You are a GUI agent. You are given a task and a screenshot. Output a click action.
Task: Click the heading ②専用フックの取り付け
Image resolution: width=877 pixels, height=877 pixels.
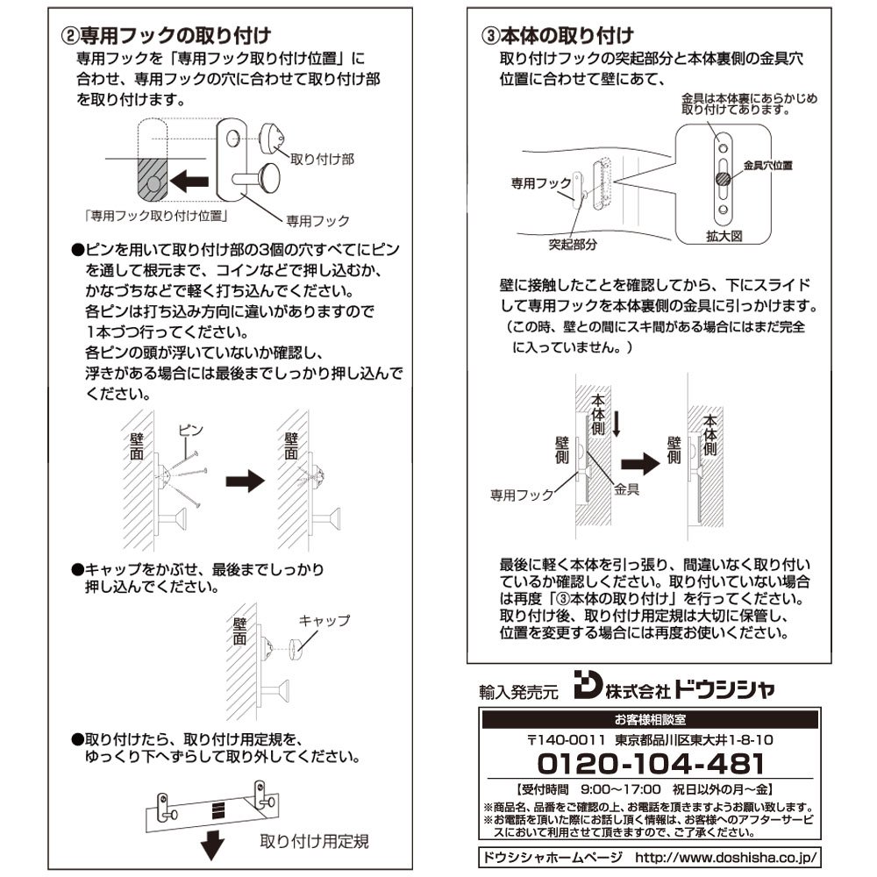coord(166,36)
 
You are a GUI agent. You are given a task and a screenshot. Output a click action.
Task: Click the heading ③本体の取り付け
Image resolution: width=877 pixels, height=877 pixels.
coord(558,36)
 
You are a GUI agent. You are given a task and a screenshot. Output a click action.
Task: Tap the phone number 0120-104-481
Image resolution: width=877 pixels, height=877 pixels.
coord(651,764)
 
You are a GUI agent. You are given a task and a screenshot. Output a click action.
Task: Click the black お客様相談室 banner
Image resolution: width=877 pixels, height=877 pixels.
coord(650,720)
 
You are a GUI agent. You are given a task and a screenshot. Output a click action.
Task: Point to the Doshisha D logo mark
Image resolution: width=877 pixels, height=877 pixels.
coord(588,685)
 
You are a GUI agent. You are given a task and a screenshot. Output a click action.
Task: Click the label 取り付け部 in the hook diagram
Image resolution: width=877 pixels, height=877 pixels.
coord(322,160)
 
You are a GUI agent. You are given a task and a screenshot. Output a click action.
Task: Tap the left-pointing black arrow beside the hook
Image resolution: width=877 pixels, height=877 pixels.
coord(189,182)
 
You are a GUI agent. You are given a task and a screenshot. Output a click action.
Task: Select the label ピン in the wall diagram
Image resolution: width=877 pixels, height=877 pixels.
coord(190,430)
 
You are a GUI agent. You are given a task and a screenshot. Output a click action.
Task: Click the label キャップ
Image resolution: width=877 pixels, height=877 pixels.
coord(324,620)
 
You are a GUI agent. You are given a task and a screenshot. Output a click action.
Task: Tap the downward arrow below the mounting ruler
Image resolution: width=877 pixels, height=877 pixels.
coord(212,845)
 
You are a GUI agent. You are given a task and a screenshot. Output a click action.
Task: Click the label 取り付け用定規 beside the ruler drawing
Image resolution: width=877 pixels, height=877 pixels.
coord(314,841)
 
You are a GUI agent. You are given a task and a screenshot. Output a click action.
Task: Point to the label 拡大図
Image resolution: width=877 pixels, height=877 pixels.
coord(724,236)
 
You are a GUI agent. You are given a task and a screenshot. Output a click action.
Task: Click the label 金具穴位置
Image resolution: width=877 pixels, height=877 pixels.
coord(768,166)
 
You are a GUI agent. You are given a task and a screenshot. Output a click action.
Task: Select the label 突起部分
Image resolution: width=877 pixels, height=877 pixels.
coord(573,245)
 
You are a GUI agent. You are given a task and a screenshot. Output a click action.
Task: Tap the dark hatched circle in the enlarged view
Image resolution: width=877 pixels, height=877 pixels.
coord(724,180)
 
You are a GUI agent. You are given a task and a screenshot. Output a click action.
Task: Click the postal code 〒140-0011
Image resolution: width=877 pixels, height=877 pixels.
coord(566,740)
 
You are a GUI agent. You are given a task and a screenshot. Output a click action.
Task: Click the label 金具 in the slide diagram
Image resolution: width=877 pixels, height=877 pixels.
coord(626,489)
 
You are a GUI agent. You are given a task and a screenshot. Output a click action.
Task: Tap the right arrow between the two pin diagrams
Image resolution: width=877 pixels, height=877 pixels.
coord(245,481)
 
